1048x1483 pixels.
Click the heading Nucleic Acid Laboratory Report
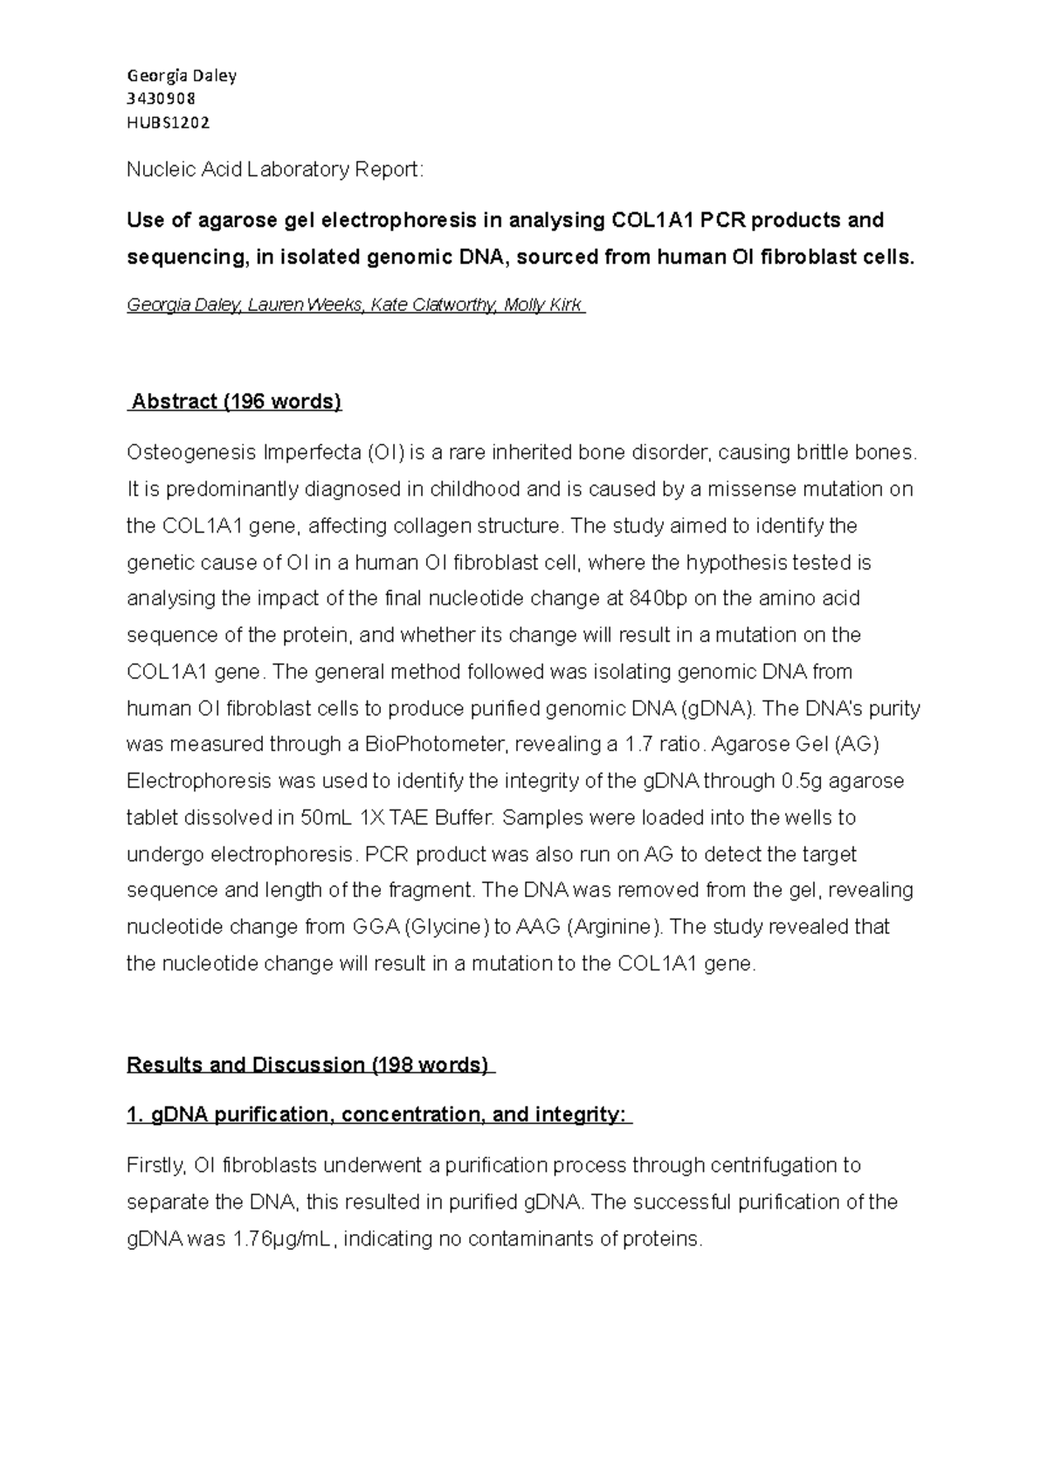point(275,169)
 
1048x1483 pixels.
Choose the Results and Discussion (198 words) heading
point(310,1066)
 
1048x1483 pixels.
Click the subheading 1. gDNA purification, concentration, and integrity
point(378,1115)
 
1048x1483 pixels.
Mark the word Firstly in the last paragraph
point(155,1166)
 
